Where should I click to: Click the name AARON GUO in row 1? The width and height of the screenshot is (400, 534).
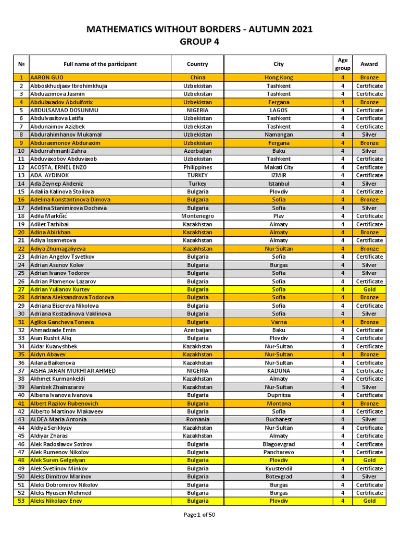pyautogui.click(x=46, y=78)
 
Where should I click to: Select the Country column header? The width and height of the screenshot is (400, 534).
pyautogui.click(x=197, y=64)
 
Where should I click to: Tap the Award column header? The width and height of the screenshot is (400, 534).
pyautogui.click(x=369, y=64)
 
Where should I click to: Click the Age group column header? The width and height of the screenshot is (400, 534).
pyautogui.click(x=343, y=64)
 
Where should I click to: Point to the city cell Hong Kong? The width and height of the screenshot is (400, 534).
pyautogui.click(x=279, y=78)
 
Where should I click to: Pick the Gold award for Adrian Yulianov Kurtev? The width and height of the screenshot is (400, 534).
pyautogui.click(x=369, y=289)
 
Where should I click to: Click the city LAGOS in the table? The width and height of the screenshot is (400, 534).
pyautogui.click(x=279, y=110)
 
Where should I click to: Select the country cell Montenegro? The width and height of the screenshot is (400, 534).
pyautogui.click(x=197, y=216)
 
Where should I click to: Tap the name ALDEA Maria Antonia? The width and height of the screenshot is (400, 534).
pyautogui.click(x=58, y=419)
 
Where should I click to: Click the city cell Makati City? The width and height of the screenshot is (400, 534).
pyautogui.click(x=279, y=167)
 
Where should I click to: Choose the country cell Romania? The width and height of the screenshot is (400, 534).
pyautogui.click(x=197, y=419)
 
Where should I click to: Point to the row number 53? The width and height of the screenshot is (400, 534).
pyautogui.click(x=21, y=501)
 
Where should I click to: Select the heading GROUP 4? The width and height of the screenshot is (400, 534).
pyautogui.click(x=199, y=42)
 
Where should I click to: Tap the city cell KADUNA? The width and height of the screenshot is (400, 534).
pyautogui.click(x=279, y=371)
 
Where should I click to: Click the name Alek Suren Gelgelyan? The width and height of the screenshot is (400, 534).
pyautogui.click(x=58, y=460)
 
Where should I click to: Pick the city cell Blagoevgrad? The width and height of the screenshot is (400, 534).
pyautogui.click(x=279, y=444)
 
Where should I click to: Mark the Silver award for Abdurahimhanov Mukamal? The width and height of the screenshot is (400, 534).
pyautogui.click(x=369, y=135)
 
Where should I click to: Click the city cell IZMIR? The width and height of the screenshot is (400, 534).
pyautogui.click(x=279, y=175)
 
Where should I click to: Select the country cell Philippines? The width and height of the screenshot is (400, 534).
pyautogui.click(x=197, y=167)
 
